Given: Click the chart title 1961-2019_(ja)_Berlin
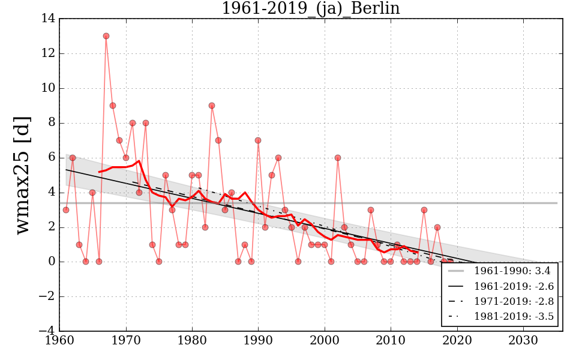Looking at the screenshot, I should point(310,8).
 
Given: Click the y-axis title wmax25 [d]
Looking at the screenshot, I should point(22,175).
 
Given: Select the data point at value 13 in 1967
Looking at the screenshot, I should point(106,36).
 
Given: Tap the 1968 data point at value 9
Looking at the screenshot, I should point(113,106).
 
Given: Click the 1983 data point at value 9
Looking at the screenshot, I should point(212,106).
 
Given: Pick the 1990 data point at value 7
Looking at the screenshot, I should point(258,140).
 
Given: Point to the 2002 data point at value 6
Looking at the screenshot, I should point(338,158).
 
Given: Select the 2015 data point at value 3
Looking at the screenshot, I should point(424,210).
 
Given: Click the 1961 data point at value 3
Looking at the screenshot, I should point(66,210).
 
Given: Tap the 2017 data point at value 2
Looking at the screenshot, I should point(437,227).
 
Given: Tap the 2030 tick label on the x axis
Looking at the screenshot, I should point(524,341).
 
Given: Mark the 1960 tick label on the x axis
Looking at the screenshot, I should point(60,341).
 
